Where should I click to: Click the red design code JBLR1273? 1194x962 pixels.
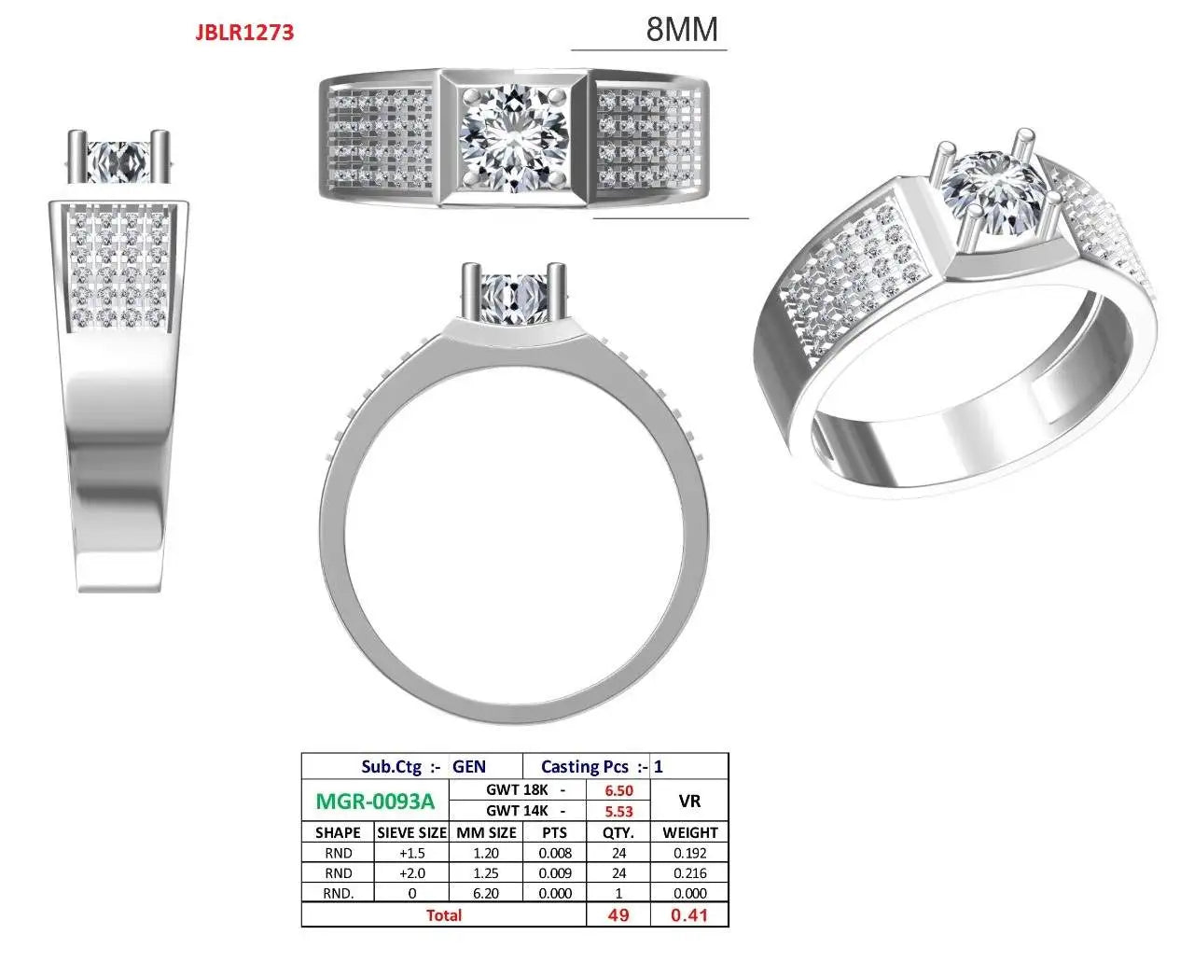coord(244,33)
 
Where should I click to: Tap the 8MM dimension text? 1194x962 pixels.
coord(682,29)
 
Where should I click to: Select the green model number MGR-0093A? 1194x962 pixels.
coord(375,801)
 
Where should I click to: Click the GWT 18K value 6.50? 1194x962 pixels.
coord(618,790)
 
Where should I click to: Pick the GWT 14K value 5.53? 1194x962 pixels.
coord(618,812)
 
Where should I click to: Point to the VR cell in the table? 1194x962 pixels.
coord(689,801)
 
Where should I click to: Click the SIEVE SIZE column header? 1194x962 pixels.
coord(411,832)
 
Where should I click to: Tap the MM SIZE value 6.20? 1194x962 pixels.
coord(485,893)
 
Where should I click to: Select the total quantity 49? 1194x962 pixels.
coord(618,914)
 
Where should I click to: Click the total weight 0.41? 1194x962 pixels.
coord(689,914)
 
